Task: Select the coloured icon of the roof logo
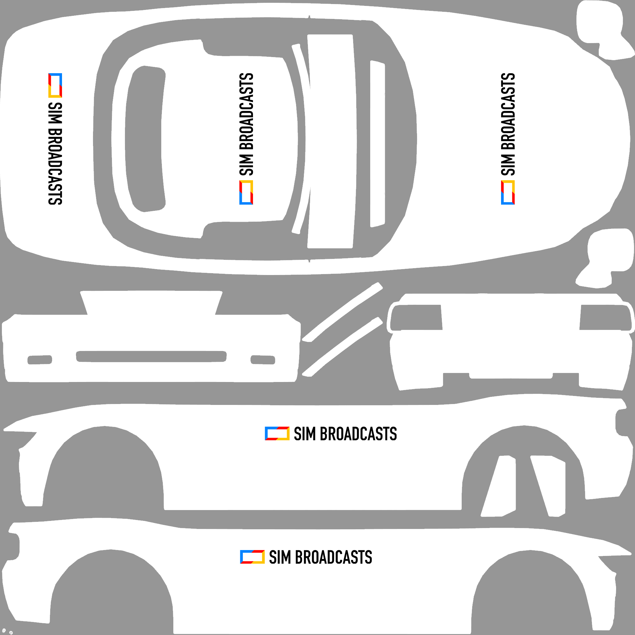tap(246, 192)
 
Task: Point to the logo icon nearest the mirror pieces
tap(508, 192)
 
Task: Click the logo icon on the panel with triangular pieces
tap(277, 433)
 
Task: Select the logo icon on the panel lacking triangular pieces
tap(252, 557)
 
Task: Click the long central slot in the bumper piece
tap(151, 356)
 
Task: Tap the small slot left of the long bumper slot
tap(40, 360)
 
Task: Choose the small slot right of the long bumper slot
tap(263, 360)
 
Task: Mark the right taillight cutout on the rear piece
tap(605, 317)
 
